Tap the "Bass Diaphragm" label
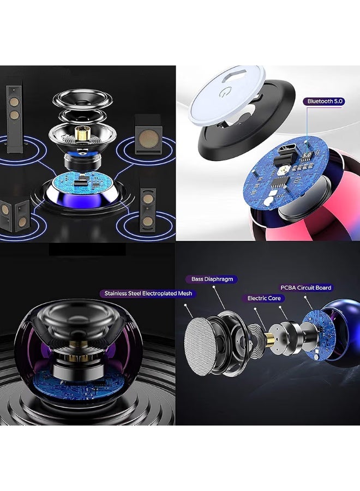click(x=212, y=279)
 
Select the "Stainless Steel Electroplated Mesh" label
click(x=147, y=294)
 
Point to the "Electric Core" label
click(x=263, y=298)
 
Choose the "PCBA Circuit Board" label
click(x=306, y=288)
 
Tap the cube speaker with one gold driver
click(x=148, y=135)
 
